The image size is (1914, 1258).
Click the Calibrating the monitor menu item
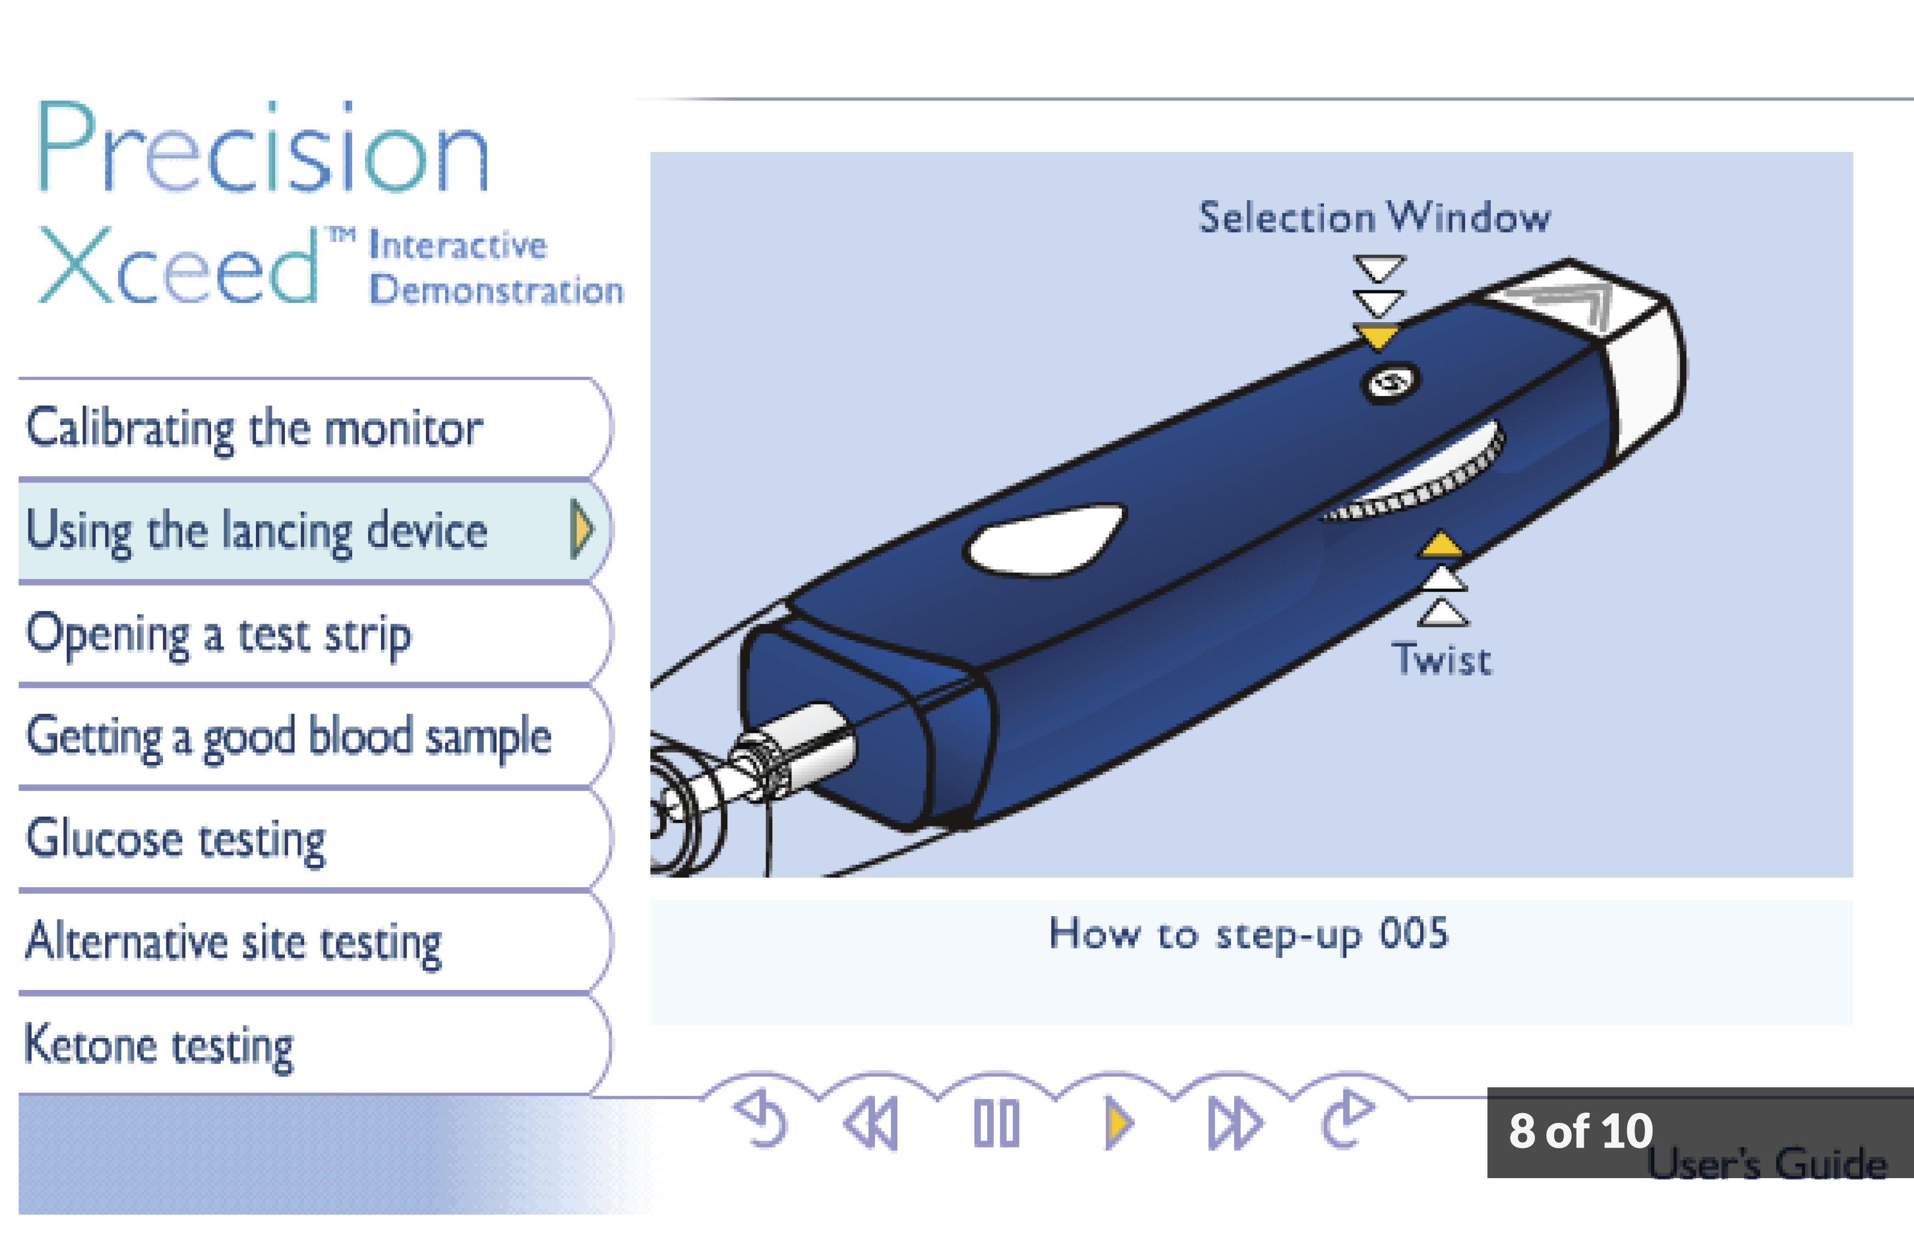(314, 428)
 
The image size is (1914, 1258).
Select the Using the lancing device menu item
(314, 531)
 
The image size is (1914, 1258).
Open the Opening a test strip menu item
(314, 634)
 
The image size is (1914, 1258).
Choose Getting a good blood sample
(314, 737)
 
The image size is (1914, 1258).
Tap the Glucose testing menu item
(314, 840)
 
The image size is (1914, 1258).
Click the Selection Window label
(1374, 217)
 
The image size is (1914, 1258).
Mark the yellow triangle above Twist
(1442, 545)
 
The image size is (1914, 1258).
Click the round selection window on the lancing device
(1390, 383)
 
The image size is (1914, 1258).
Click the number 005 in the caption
(1415, 934)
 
